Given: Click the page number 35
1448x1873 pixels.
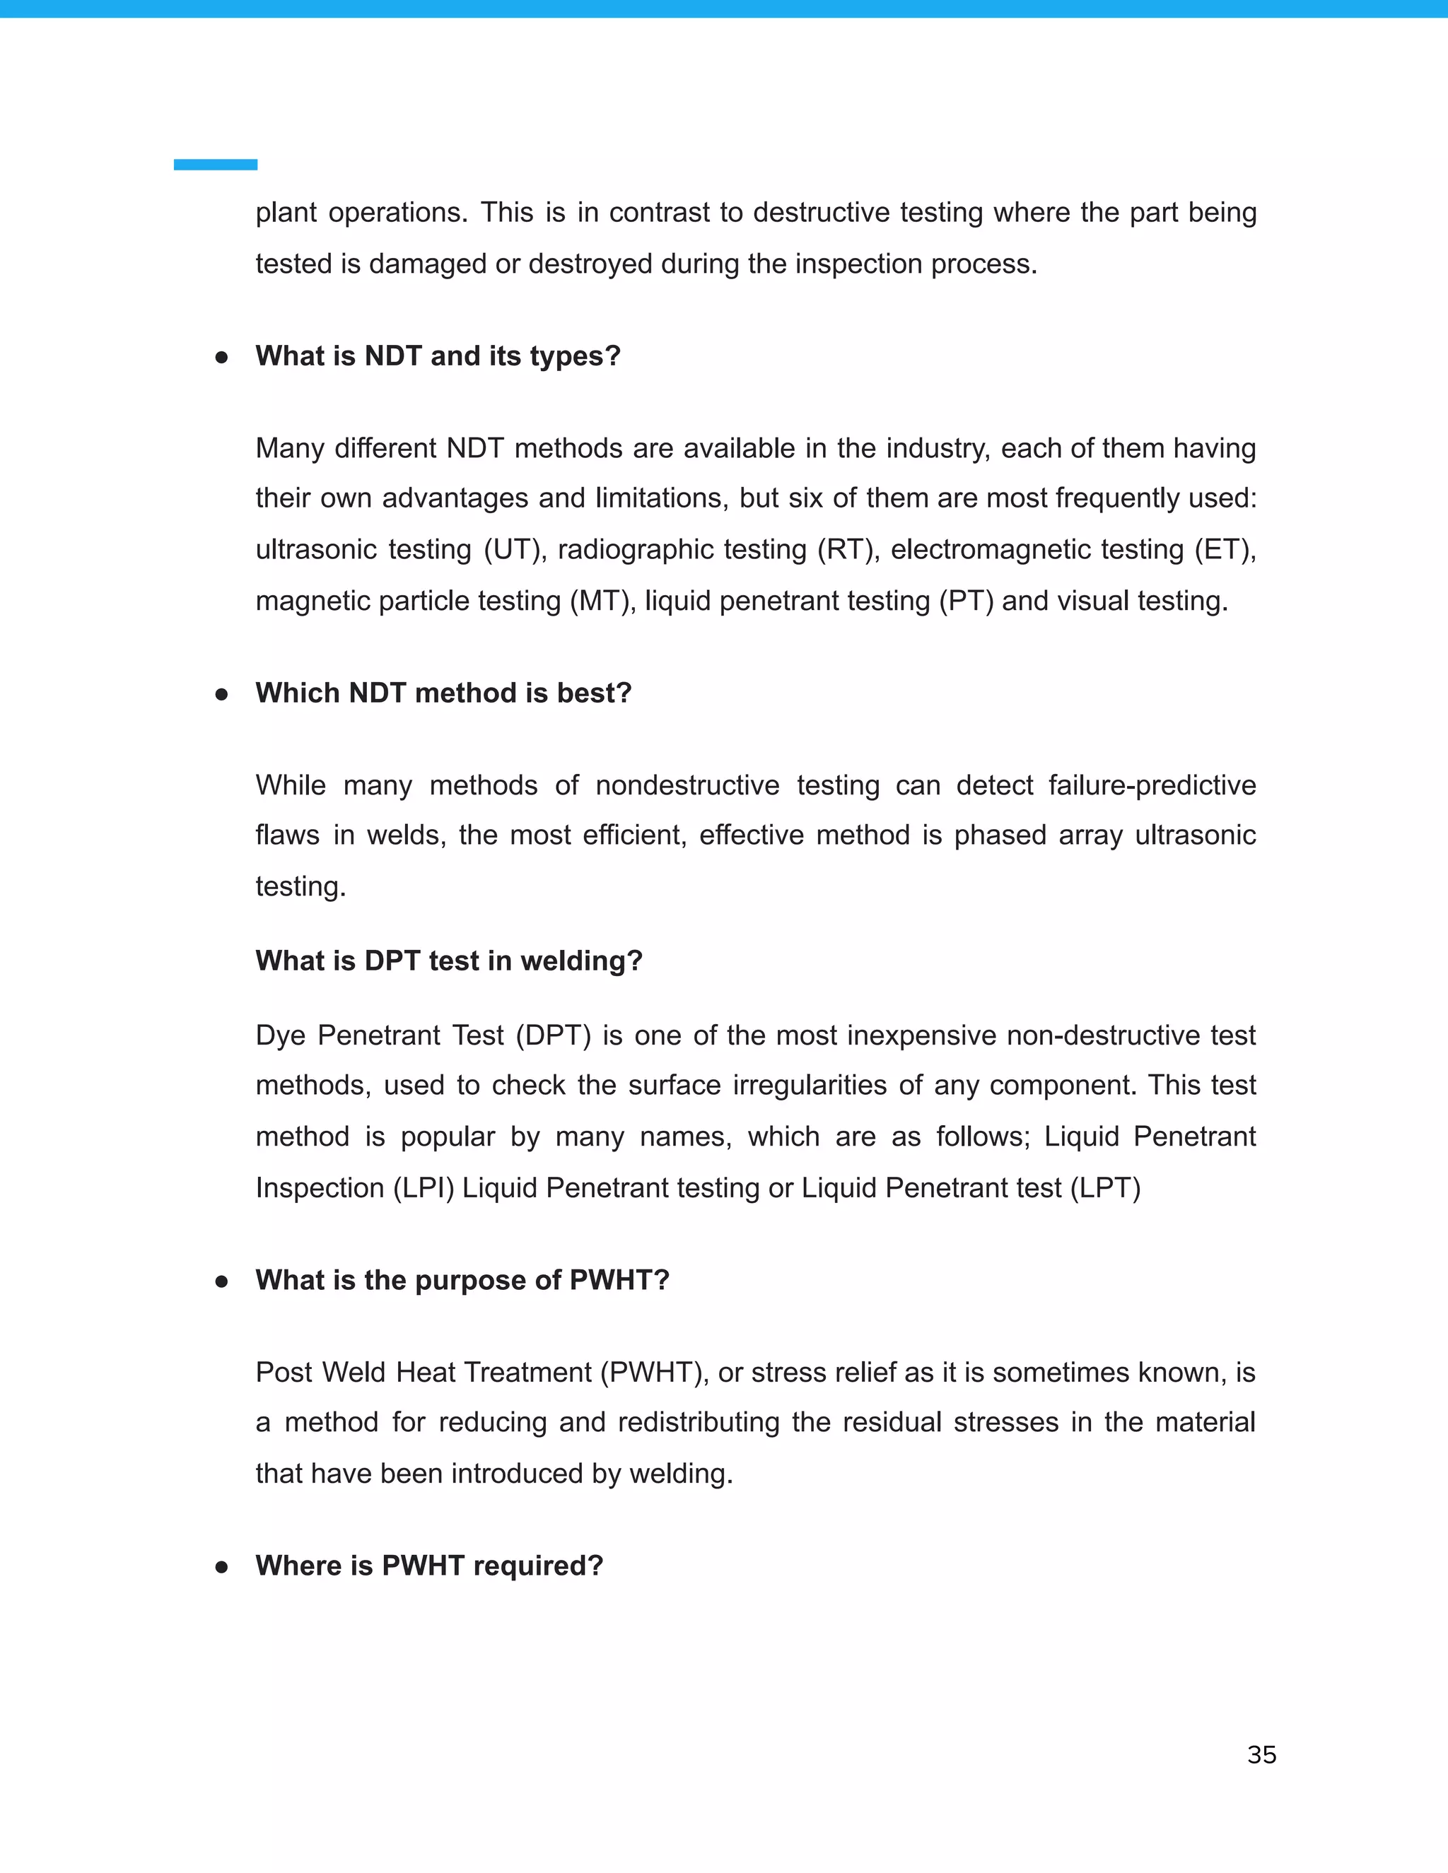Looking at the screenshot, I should point(1261,1755).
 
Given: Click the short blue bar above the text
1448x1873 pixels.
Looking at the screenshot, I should point(216,165).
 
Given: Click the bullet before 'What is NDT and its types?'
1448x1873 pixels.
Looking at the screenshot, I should point(221,357).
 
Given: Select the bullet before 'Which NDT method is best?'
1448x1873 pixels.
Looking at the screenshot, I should point(221,694).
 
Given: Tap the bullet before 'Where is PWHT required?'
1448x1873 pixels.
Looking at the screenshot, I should point(221,1567).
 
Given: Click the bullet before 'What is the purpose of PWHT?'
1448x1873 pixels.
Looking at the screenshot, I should point(221,1281).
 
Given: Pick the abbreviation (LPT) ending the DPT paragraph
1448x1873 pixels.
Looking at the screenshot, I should point(1106,1188).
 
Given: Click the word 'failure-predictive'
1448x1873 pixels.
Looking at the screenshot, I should point(1152,785).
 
